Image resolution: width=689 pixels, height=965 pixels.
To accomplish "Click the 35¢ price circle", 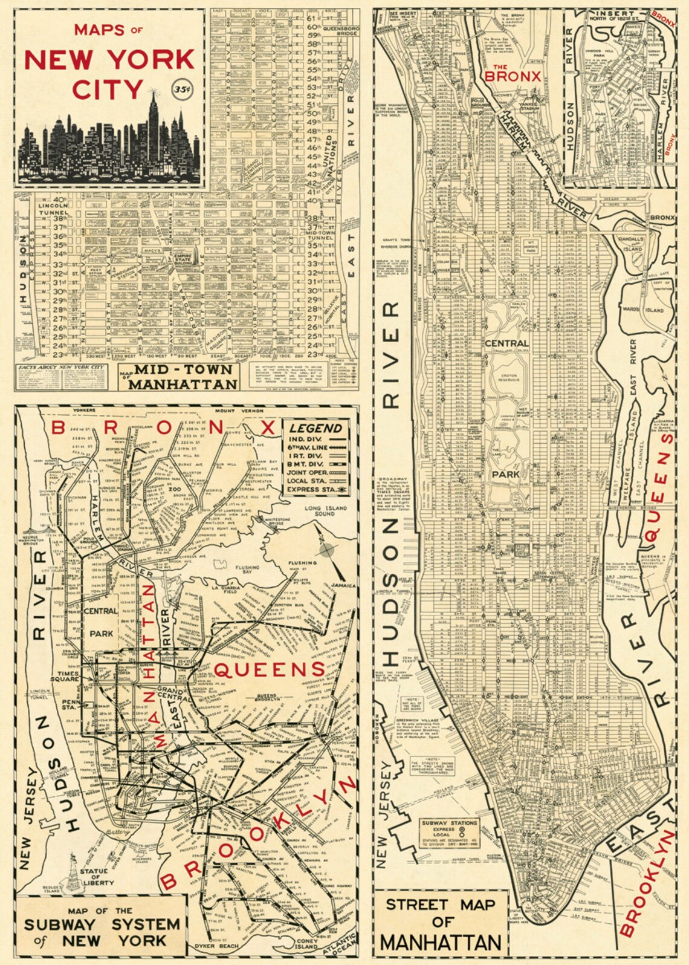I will [182, 89].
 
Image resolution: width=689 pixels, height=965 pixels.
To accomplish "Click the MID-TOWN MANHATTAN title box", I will [179, 377].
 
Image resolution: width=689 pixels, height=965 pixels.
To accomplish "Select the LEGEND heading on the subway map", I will [315, 427].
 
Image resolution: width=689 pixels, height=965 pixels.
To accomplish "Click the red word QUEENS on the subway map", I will [270, 669].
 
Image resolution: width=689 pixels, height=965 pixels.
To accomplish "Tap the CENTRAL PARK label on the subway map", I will [101, 622].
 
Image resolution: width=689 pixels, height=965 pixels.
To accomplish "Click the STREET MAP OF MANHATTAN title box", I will [441, 923].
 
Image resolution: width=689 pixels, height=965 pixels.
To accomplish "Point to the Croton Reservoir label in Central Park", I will [508, 378].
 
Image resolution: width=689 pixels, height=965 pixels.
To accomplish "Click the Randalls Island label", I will [631, 244].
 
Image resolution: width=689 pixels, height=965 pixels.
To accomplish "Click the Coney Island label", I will [306, 944].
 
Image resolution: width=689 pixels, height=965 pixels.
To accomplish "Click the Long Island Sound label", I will [325, 511].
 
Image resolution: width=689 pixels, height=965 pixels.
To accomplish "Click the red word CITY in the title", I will [108, 89].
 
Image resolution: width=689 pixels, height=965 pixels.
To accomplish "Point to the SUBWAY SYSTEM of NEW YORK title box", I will [101, 926].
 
